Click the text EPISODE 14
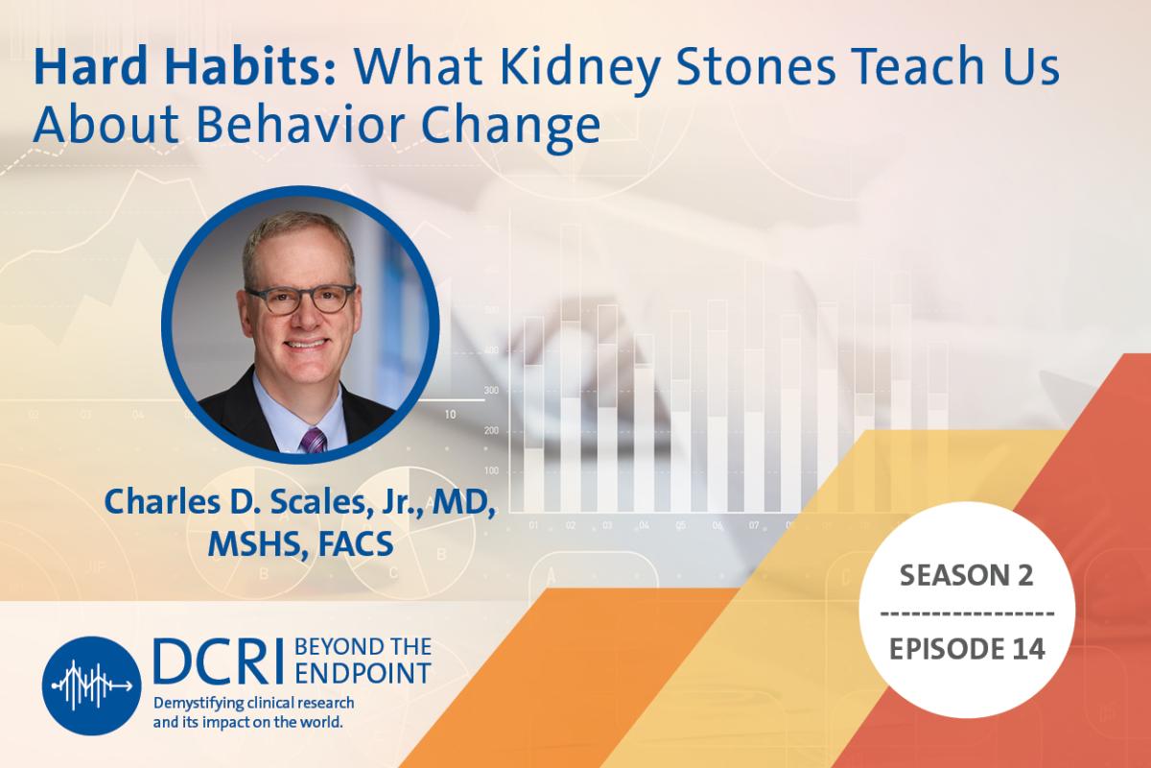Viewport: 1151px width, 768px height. point(965,648)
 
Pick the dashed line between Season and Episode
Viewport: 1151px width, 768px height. point(965,613)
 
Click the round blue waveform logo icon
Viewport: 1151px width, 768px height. point(91,684)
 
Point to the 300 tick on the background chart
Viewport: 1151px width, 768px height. point(490,391)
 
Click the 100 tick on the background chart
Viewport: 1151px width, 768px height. point(490,471)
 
